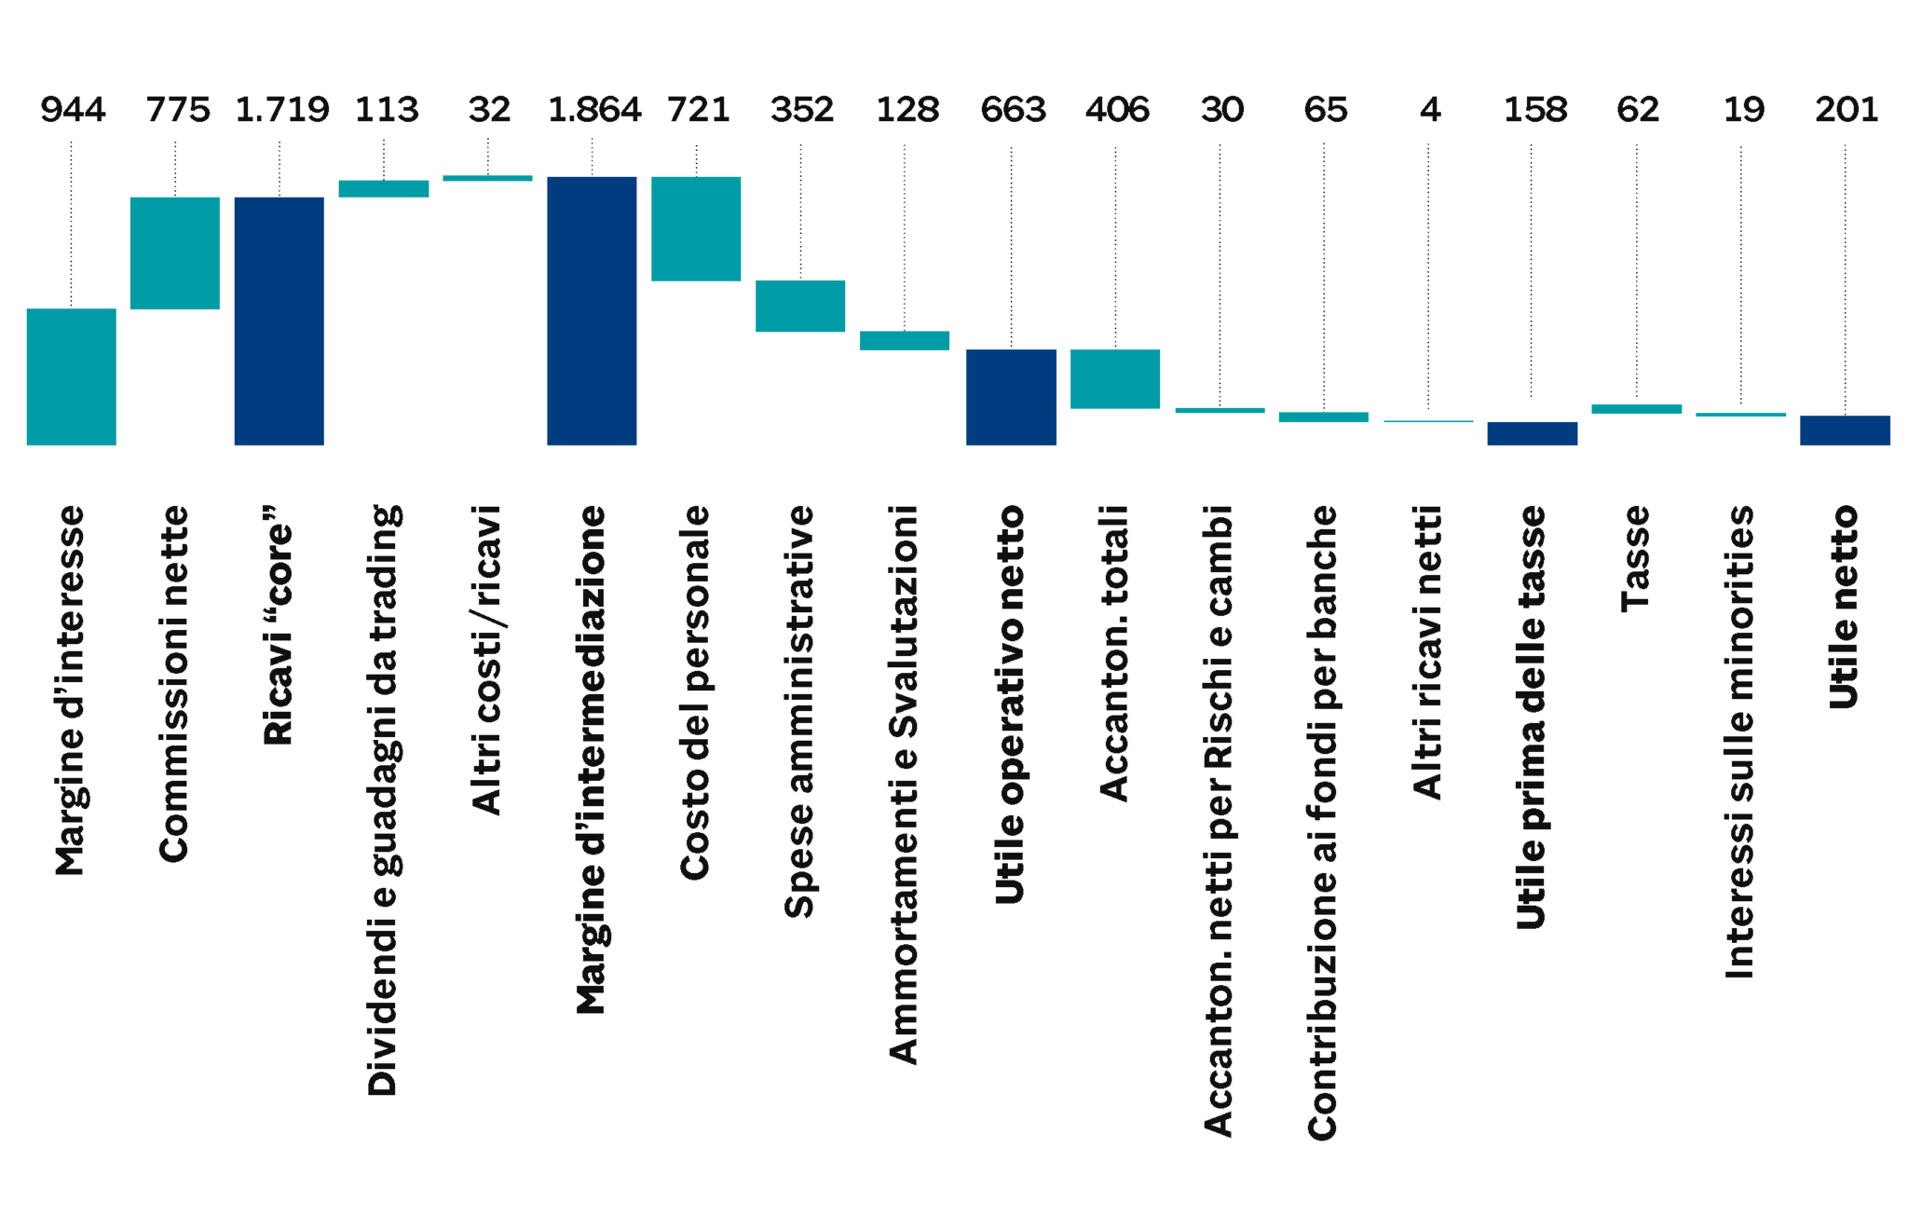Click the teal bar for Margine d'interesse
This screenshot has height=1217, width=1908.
(x=71, y=377)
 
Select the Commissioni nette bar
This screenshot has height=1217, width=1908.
(x=174, y=253)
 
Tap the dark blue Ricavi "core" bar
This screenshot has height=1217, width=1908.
(x=279, y=321)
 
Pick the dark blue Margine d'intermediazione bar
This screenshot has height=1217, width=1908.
(x=592, y=311)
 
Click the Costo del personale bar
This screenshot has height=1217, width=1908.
(x=696, y=228)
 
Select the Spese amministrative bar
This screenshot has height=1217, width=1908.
(x=800, y=306)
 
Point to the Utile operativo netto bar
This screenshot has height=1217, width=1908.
(x=1011, y=397)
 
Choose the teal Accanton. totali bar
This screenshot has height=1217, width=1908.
(x=1115, y=378)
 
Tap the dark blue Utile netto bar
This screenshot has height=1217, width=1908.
(x=1845, y=431)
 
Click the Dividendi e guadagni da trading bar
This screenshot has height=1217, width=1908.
(x=383, y=188)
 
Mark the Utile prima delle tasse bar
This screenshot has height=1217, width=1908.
(x=1532, y=433)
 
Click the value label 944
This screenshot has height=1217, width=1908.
(x=73, y=110)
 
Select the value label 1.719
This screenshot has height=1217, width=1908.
(x=282, y=110)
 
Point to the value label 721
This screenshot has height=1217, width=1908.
(x=698, y=110)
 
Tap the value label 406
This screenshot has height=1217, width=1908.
(x=1117, y=110)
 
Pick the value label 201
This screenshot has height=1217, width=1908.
(x=1847, y=110)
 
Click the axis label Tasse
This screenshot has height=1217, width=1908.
(x=1636, y=558)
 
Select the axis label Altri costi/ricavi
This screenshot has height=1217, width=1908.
(x=487, y=661)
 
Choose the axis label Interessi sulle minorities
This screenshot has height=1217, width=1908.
(x=1740, y=742)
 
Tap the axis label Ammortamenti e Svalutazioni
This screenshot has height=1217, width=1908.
(x=905, y=785)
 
